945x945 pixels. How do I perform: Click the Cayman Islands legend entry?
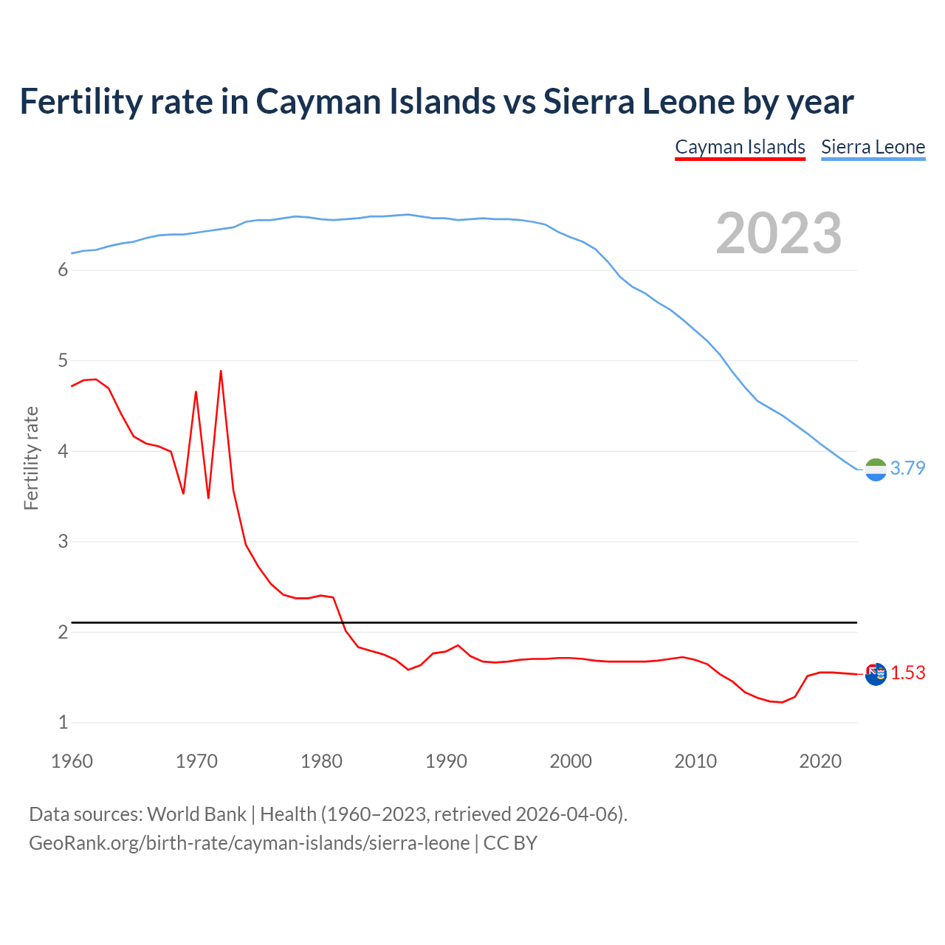pyautogui.click(x=740, y=147)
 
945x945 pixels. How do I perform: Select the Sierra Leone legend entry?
pyautogui.click(x=873, y=147)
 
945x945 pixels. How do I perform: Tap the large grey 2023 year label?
pyautogui.click(x=779, y=233)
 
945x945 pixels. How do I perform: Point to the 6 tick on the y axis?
pyautogui.click(x=63, y=270)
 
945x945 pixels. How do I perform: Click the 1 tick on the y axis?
pyautogui.click(x=63, y=723)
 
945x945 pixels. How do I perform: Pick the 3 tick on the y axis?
pyautogui.click(x=63, y=542)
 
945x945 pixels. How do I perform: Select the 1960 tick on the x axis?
pyautogui.click(x=72, y=761)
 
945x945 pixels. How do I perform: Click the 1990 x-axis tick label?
pyautogui.click(x=446, y=761)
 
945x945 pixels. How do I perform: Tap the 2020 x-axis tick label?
pyautogui.click(x=820, y=761)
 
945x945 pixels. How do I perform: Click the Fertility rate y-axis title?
pyautogui.click(x=31, y=458)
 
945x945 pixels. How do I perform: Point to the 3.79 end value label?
pyautogui.click(x=907, y=468)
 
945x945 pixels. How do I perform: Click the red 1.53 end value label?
pyautogui.click(x=907, y=673)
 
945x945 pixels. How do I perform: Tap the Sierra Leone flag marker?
pyautogui.click(x=876, y=470)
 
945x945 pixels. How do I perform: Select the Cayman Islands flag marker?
pyautogui.click(x=876, y=674)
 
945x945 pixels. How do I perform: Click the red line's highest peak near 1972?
pyautogui.click(x=221, y=371)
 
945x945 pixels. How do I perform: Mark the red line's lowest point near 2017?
pyautogui.click(x=782, y=702)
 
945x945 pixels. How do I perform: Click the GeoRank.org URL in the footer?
pyautogui.click(x=249, y=843)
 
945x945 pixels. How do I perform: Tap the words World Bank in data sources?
pyautogui.click(x=196, y=814)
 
